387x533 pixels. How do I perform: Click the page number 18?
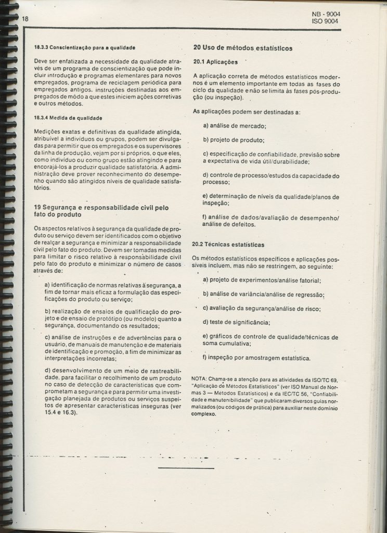coord(24,19)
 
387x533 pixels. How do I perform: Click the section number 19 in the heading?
coord(36,207)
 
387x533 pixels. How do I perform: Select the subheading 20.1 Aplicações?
coord(215,62)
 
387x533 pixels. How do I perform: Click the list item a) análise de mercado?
coord(234,125)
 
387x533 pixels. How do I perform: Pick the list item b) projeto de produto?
coord(234,139)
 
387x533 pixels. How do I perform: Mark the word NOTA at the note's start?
coord(200,378)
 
